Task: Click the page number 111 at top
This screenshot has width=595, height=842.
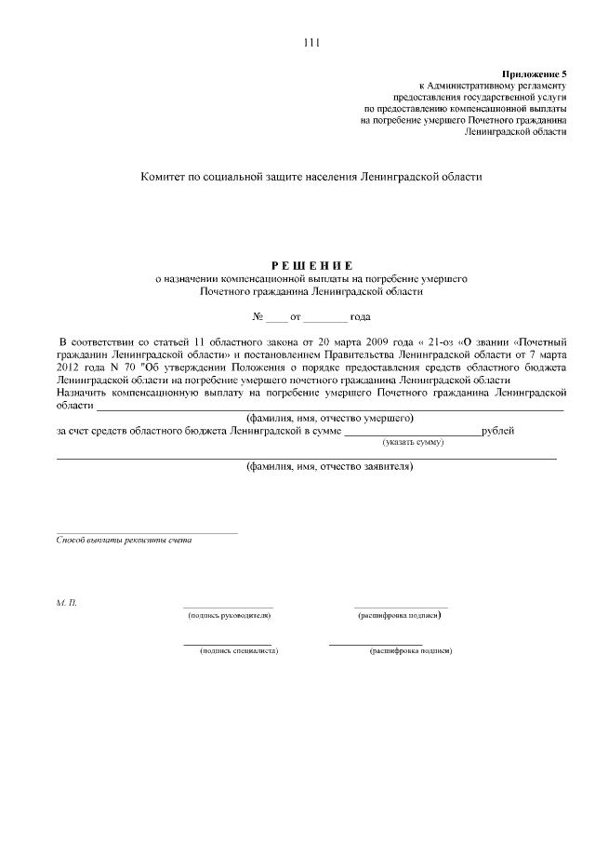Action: (311, 42)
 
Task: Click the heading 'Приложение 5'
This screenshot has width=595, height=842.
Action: (534, 73)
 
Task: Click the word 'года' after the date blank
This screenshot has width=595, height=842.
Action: (360, 317)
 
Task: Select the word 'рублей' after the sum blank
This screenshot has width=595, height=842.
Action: (498, 432)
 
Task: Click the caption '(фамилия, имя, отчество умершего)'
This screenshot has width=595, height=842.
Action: (329, 419)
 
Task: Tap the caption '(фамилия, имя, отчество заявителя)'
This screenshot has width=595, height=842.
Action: (329, 467)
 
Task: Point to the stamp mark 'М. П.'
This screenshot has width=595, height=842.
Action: (67, 604)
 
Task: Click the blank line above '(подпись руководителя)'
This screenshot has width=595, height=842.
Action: (228, 607)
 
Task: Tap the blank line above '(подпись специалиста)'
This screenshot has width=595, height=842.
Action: (227, 643)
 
